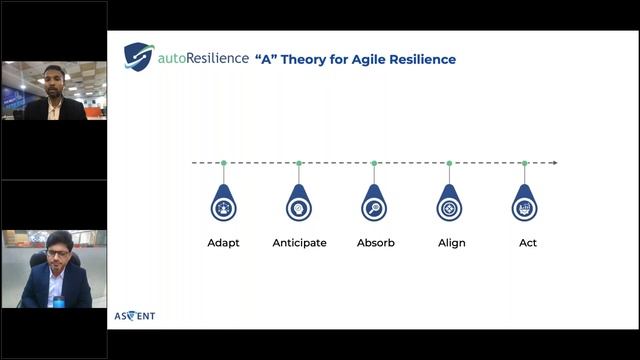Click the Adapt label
(223, 243)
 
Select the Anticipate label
(299, 243)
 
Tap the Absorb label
(375, 243)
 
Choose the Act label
(527, 243)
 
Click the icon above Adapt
(223, 207)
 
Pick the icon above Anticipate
(299, 207)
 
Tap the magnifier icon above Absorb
(374, 207)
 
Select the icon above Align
(449, 207)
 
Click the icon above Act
(524, 207)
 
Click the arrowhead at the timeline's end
(554, 162)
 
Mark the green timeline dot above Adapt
(223, 162)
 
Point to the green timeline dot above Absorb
(374, 162)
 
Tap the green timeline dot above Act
(524, 162)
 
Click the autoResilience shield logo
(138, 55)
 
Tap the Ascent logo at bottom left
(135, 316)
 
